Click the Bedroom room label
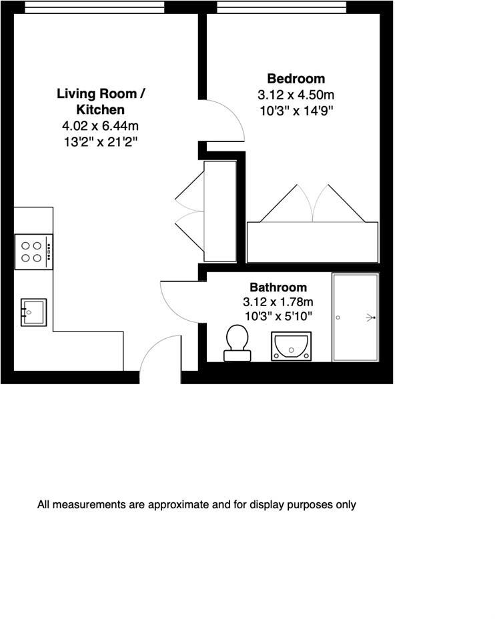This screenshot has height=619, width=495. [x=296, y=79]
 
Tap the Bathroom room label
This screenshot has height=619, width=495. [x=278, y=287]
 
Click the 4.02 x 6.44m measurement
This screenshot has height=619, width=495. [x=100, y=125]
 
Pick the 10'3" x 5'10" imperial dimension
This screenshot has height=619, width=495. [x=278, y=316]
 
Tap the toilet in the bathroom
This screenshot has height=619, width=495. [x=237, y=342]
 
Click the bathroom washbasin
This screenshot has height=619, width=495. [x=291, y=346]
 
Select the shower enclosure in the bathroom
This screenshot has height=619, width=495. [x=355, y=318]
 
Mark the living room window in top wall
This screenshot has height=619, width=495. [x=94, y=7]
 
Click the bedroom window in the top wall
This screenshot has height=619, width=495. [x=282, y=7]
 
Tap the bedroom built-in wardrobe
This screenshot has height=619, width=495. [x=312, y=242]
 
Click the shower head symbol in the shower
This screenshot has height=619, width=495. [x=369, y=318]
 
